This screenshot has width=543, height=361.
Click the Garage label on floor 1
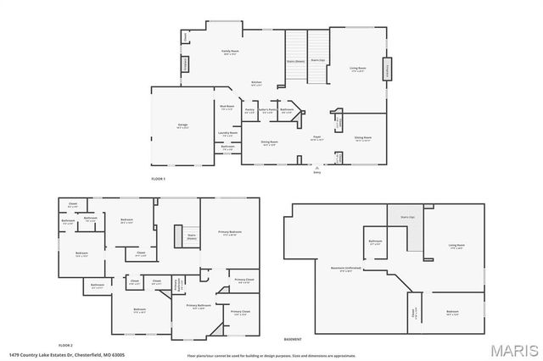(182, 125)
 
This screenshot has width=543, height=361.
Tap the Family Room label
(229, 52)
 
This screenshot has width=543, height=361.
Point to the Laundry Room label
(227, 133)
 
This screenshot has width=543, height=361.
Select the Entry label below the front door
(317, 172)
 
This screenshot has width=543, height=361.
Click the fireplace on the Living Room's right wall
(389, 69)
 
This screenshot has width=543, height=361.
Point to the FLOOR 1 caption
(158, 180)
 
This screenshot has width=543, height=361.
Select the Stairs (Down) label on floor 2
(192, 236)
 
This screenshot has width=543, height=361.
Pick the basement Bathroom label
(375, 242)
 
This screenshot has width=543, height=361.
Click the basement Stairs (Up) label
(407, 217)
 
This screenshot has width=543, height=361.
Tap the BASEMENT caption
(293, 337)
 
